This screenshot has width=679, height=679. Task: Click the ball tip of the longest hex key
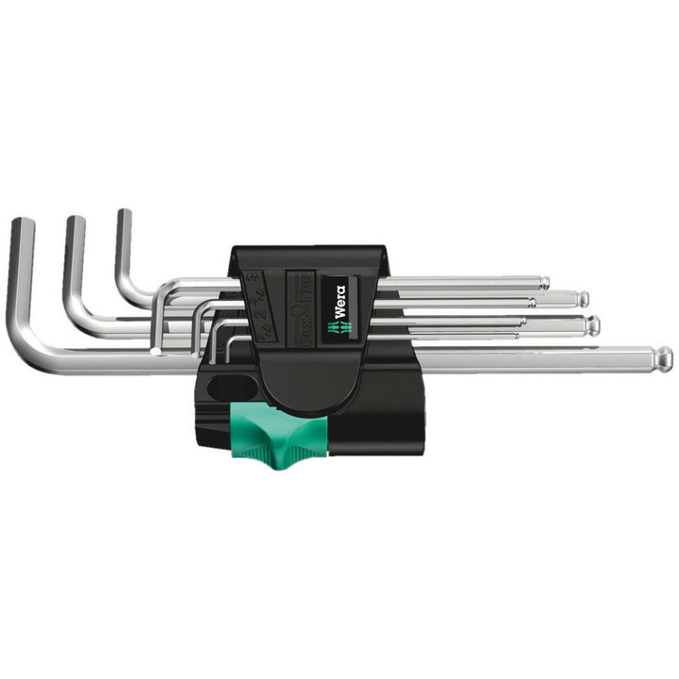tap(665, 358)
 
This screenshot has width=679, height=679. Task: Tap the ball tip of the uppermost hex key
tap(544, 281)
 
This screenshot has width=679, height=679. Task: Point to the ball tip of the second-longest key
tap(593, 325)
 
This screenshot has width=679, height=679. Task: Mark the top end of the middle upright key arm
tap(75, 223)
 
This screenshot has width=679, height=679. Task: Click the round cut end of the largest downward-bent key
tap(155, 352)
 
